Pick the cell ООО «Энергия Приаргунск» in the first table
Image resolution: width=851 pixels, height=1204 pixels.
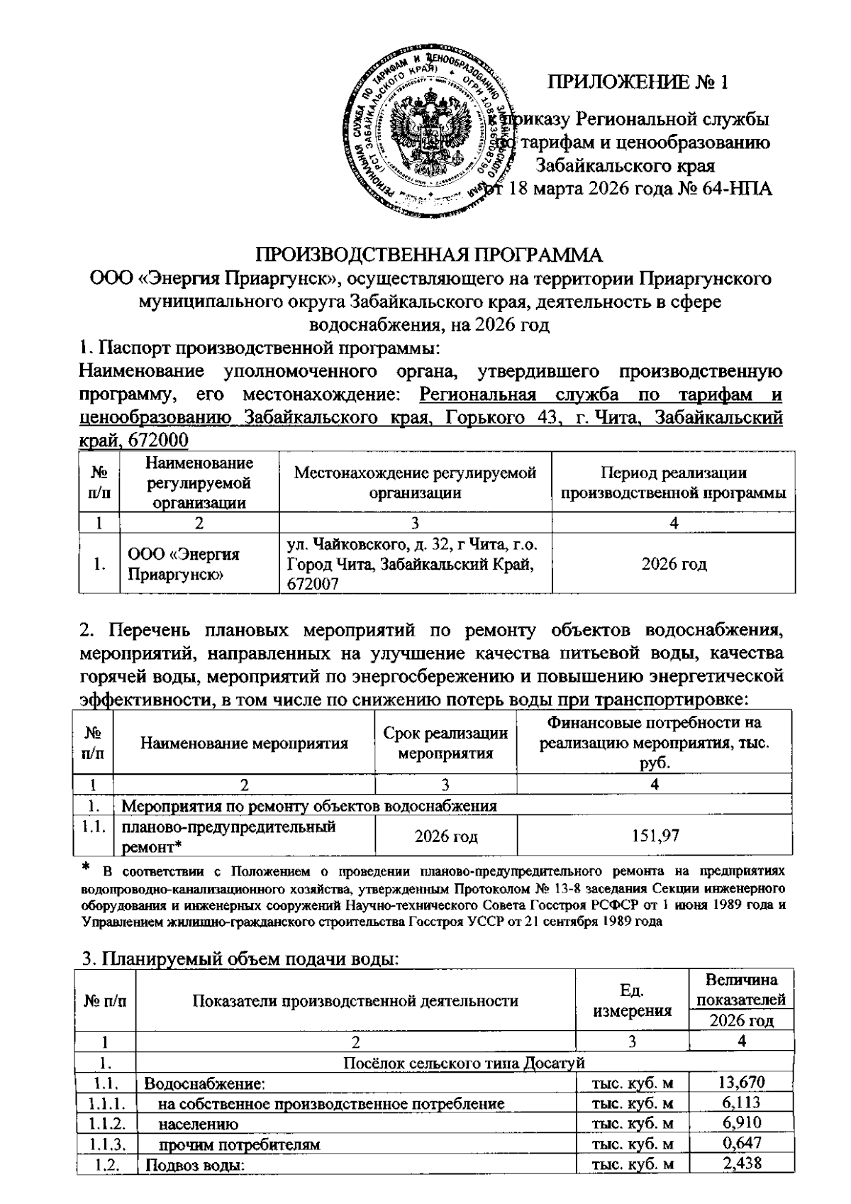point(184,563)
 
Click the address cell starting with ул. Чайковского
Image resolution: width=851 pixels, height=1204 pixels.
point(414,563)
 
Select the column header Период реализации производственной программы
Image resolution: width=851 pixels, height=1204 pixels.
point(673,482)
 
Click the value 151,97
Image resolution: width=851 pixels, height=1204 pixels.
point(655,836)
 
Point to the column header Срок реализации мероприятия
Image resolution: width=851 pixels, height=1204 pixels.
point(445,743)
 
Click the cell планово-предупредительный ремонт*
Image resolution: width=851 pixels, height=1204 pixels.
point(230,836)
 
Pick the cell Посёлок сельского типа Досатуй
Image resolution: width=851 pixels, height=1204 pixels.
point(463,1062)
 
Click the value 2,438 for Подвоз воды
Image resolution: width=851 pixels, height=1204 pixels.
point(740,1164)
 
